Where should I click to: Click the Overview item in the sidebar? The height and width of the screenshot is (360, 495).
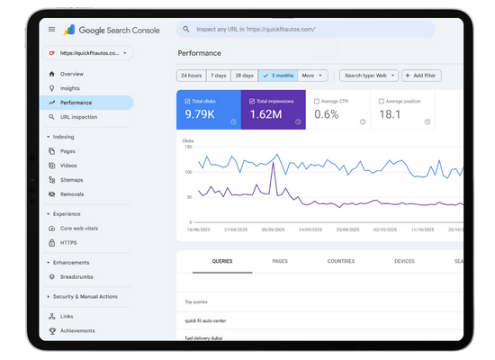(72, 74)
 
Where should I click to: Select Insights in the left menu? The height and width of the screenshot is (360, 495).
(70, 88)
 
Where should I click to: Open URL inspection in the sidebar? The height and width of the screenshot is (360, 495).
(78, 117)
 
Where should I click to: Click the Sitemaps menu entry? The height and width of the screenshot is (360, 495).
(73, 180)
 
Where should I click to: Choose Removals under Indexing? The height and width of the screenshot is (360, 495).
(73, 194)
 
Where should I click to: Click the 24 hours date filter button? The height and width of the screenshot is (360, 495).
(190, 76)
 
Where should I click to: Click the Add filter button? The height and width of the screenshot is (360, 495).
(419, 76)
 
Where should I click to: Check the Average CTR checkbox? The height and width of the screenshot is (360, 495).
(317, 101)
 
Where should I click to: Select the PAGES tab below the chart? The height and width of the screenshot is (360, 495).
(279, 261)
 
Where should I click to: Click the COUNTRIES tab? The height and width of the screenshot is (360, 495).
(341, 261)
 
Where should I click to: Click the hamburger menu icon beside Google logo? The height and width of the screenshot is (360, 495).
(51, 30)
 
